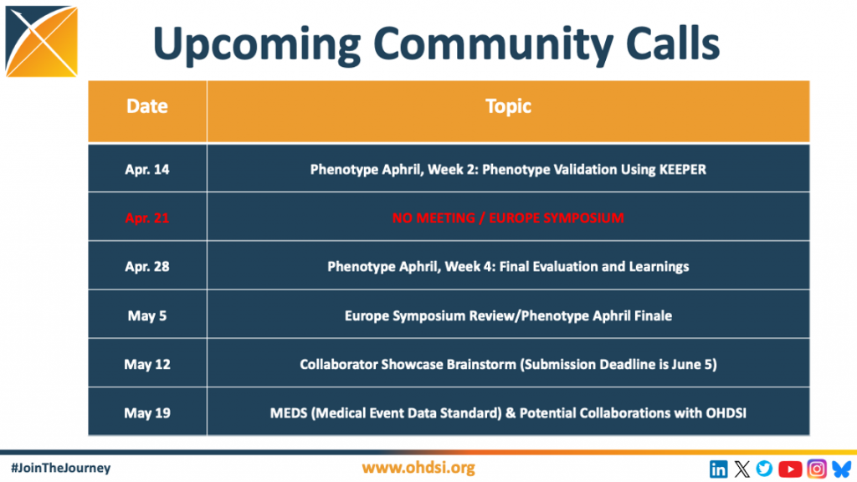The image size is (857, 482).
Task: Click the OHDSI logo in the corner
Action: coord(42,42)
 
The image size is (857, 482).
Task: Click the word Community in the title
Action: coord(495,45)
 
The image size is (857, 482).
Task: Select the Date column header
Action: coord(147,106)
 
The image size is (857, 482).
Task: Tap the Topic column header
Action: coord(508,106)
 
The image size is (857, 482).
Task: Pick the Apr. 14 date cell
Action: coord(147,169)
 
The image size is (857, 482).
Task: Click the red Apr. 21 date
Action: coord(147,218)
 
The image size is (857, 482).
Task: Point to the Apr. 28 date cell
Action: coord(147,267)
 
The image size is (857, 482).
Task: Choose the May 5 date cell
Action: coord(147,315)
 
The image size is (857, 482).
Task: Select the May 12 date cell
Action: coord(147,365)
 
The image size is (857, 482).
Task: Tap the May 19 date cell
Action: coord(147,413)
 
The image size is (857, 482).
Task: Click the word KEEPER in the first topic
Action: coord(683,169)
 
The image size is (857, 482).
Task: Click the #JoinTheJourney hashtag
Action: coord(60,469)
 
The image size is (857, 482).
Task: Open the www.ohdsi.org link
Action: coord(418,469)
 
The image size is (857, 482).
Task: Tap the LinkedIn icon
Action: coord(718,469)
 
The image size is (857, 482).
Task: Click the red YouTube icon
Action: coord(790,469)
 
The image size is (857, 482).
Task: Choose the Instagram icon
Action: coord(817,469)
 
